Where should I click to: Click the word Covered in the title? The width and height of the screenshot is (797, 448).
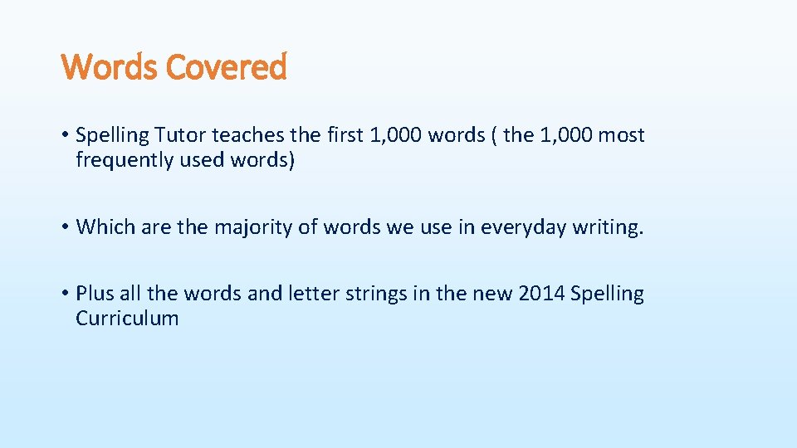tap(226, 67)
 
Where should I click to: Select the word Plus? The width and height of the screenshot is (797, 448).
tap(94, 294)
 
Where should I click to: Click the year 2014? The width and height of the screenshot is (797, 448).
tap(541, 294)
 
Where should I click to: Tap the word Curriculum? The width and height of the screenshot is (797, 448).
tap(127, 319)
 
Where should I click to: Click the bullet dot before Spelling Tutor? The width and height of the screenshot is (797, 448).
tap(64, 135)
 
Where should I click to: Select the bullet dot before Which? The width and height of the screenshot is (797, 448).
tap(64, 227)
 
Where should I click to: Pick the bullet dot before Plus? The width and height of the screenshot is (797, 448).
tap(64, 294)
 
